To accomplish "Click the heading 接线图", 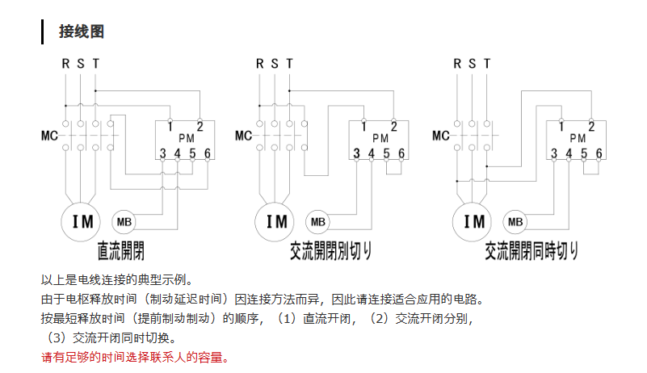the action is coord(82,31).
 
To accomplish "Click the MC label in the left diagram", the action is coord(49,136).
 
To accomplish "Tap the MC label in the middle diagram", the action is coord(243,136).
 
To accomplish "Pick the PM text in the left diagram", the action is coord(187,138).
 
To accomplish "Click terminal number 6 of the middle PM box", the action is coord(401,153).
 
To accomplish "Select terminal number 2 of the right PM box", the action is coord(591,126).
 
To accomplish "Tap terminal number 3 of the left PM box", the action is coord(162,153).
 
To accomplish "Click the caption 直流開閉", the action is coord(121,251).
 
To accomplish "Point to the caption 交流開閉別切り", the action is coord(330,251).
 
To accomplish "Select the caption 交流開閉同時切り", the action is coord(531,251).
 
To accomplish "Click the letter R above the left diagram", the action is coord(65,64).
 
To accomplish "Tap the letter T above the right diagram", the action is coord(487,64).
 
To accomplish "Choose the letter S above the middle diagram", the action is coord(275,64).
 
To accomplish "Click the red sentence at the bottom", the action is coord(135,357).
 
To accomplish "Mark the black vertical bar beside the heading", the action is coord(42,31).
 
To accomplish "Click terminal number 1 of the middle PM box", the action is coord(363,126).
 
